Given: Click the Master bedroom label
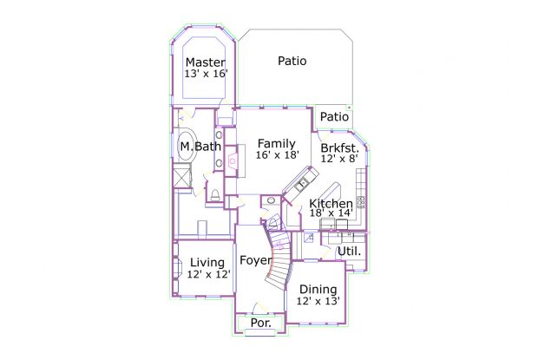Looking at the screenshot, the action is click(x=206, y=62).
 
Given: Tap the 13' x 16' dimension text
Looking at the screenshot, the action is click(x=207, y=74).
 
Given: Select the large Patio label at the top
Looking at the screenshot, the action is click(x=292, y=61).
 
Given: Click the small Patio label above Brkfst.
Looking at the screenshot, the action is click(x=334, y=117).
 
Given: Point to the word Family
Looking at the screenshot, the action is click(x=277, y=143).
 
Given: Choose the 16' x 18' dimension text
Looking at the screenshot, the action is click(x=278, y=155).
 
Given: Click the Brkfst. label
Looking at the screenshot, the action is click(x=339, y=148).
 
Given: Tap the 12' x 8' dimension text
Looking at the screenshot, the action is click(x=339, y=159).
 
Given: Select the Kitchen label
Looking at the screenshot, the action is click(x=331, y=203).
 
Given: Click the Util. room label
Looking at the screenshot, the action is click(x=350, y=252).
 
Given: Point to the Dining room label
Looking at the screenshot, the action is click(x=318, y=290).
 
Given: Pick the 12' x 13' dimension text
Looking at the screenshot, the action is click(x=318, y=301).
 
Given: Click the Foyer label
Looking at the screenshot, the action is click(x=256, y=260).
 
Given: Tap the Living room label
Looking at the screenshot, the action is click(x=207, y=263).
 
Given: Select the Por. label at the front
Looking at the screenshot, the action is click(x=261, y=323).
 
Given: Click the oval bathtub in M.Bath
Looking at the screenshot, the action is click(x=187, y=146).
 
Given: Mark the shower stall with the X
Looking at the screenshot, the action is click(x=182, y=176).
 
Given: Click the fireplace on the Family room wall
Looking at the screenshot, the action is click(x=233, y=160).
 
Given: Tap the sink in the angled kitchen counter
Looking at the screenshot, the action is click(x=302, y=184).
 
